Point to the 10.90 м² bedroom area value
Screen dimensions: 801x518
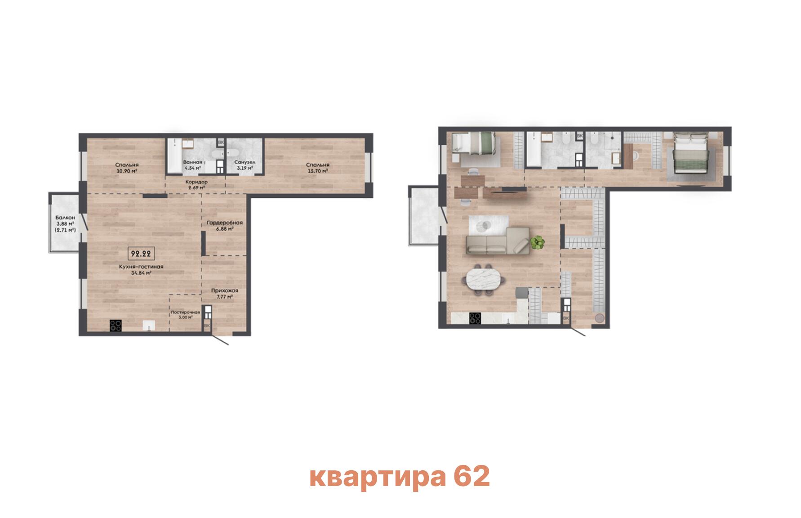click(x=126, y=171)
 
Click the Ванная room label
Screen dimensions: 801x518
click(x=192, y=162)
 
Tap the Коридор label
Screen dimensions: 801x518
click(x=196, y=182)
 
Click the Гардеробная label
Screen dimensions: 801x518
click(x=225, y=223)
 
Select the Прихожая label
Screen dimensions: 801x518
click(x=225, y=290)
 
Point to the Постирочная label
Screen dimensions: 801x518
click(x=185, y=312)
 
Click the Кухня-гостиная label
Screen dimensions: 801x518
click(x=141, y=267)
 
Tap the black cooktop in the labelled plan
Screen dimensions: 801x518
click(x=116, y=325)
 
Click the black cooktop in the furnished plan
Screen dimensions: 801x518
click(x=475, y=318)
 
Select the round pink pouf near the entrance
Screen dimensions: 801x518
click(x=599, y=318)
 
